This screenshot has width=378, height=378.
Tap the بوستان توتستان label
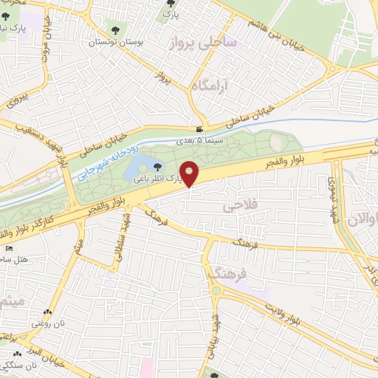tap(113, 43)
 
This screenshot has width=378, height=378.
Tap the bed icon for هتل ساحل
tap(9, 248)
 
